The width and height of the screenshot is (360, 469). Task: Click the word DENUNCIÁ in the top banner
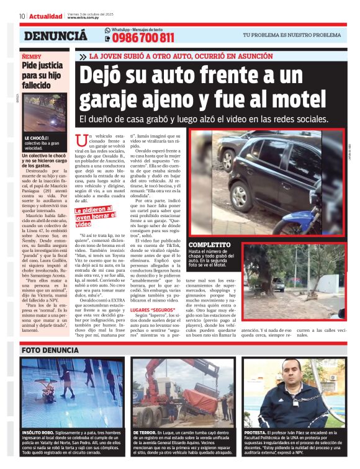[x=55, y=36]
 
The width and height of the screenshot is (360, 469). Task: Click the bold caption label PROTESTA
[x=255, y=432]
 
